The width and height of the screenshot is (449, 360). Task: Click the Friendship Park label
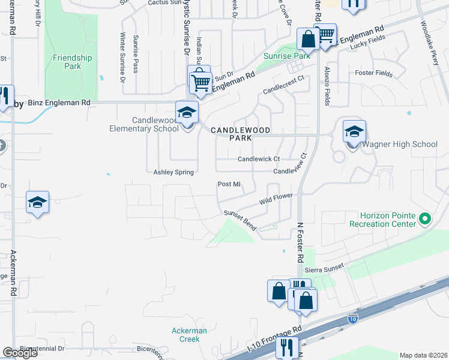point(72,62)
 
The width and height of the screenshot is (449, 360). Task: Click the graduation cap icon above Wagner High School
point(354,131)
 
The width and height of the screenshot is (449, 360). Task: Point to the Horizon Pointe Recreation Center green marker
point(425,219)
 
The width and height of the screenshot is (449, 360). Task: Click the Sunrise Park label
point(286,56)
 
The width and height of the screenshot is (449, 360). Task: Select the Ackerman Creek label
point(189,335)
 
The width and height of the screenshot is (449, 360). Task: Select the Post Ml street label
point(229,184)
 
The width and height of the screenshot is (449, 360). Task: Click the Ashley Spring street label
point(173,172)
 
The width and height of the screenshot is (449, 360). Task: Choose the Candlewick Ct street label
point(259,159)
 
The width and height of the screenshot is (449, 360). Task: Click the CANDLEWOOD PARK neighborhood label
point(240,133)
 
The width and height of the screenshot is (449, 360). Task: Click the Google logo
point(20,353)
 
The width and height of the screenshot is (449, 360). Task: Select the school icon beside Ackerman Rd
point(37,203)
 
